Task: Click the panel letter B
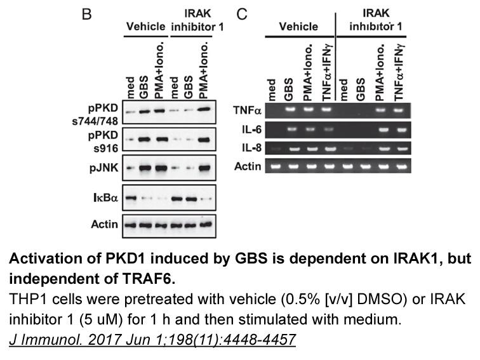[86, 14]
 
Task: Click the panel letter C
[242, 14]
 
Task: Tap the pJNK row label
[103, 168]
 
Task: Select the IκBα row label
[105, 197]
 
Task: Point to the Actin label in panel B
[104, 224]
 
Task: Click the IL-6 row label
[251, 130]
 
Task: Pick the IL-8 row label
[251, 148]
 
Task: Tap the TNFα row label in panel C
[247, 110]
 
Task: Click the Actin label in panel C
[248, 166]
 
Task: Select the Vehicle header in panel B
[146, 27]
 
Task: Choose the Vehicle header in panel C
[298, 27]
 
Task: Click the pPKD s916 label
[103, 142]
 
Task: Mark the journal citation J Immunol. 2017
[152, 340]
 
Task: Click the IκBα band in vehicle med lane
[131, 198]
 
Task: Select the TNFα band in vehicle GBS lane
[290, 109]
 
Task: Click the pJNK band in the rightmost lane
[204, 168]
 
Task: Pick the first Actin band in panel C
[271, 166]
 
